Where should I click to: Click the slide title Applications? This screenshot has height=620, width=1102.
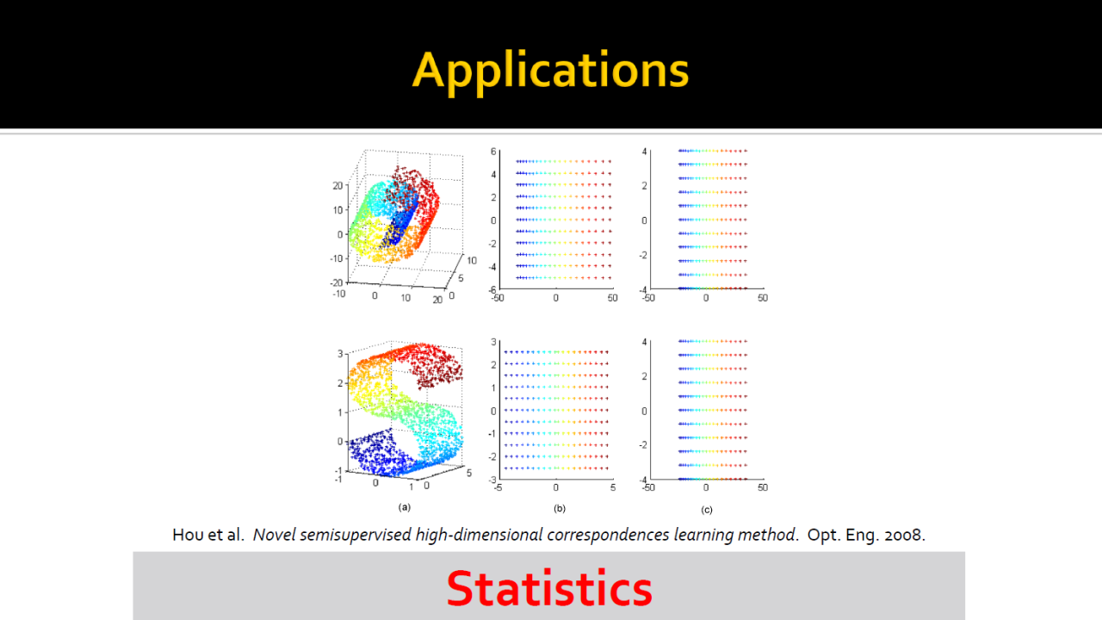point(550,71)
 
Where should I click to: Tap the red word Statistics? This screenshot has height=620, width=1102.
point(549,588)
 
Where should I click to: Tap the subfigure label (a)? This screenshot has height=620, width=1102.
point(405,507)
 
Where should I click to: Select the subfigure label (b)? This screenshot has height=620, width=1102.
point(560,508)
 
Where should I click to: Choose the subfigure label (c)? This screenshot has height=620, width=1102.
point(707,510)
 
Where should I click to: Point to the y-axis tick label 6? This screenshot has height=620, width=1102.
point(493,152)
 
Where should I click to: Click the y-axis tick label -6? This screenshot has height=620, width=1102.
point(492,290)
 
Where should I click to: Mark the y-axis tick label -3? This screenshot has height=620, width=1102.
point(492,480)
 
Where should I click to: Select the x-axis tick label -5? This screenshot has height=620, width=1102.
point(498,487)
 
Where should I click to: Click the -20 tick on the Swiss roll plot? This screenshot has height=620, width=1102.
point(337,282)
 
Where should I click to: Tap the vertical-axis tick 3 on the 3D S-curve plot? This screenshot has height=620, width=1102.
point(340,353)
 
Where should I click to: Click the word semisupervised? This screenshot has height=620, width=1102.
point(356,535)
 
